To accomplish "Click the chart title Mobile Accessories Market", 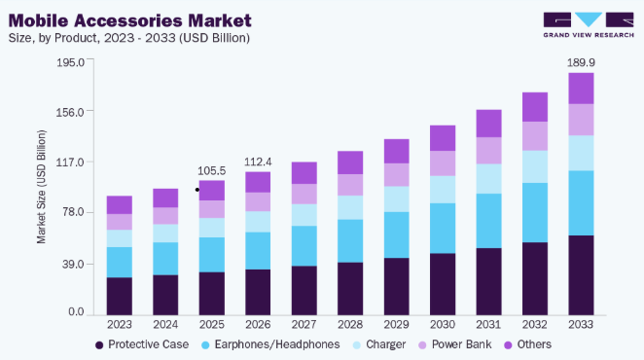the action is coord(129,20).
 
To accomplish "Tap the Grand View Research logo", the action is coord(589,25).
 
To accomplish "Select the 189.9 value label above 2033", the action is coord(581,62).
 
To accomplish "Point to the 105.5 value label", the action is coord(211,171).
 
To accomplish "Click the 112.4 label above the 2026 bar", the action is coord(258,162).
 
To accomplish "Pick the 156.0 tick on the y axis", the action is coord(70,112).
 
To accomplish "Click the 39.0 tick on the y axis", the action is coord(73,265).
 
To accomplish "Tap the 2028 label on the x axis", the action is coord(350,325).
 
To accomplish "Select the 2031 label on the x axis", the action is coord(488,325).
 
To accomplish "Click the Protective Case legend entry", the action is coord(142,344).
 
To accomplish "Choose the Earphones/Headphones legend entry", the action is coord(270,344).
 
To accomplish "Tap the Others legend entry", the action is coord(528,344).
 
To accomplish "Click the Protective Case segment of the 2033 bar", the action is coord(581,275).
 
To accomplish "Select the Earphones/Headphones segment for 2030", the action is coord(443,228).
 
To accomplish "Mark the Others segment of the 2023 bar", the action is coord(120,205).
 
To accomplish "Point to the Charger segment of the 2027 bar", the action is coord(304,215).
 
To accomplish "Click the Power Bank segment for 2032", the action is coord(535,136).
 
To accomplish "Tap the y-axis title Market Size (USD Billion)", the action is coord(42,187).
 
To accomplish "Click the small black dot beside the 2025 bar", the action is coord(197,190).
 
